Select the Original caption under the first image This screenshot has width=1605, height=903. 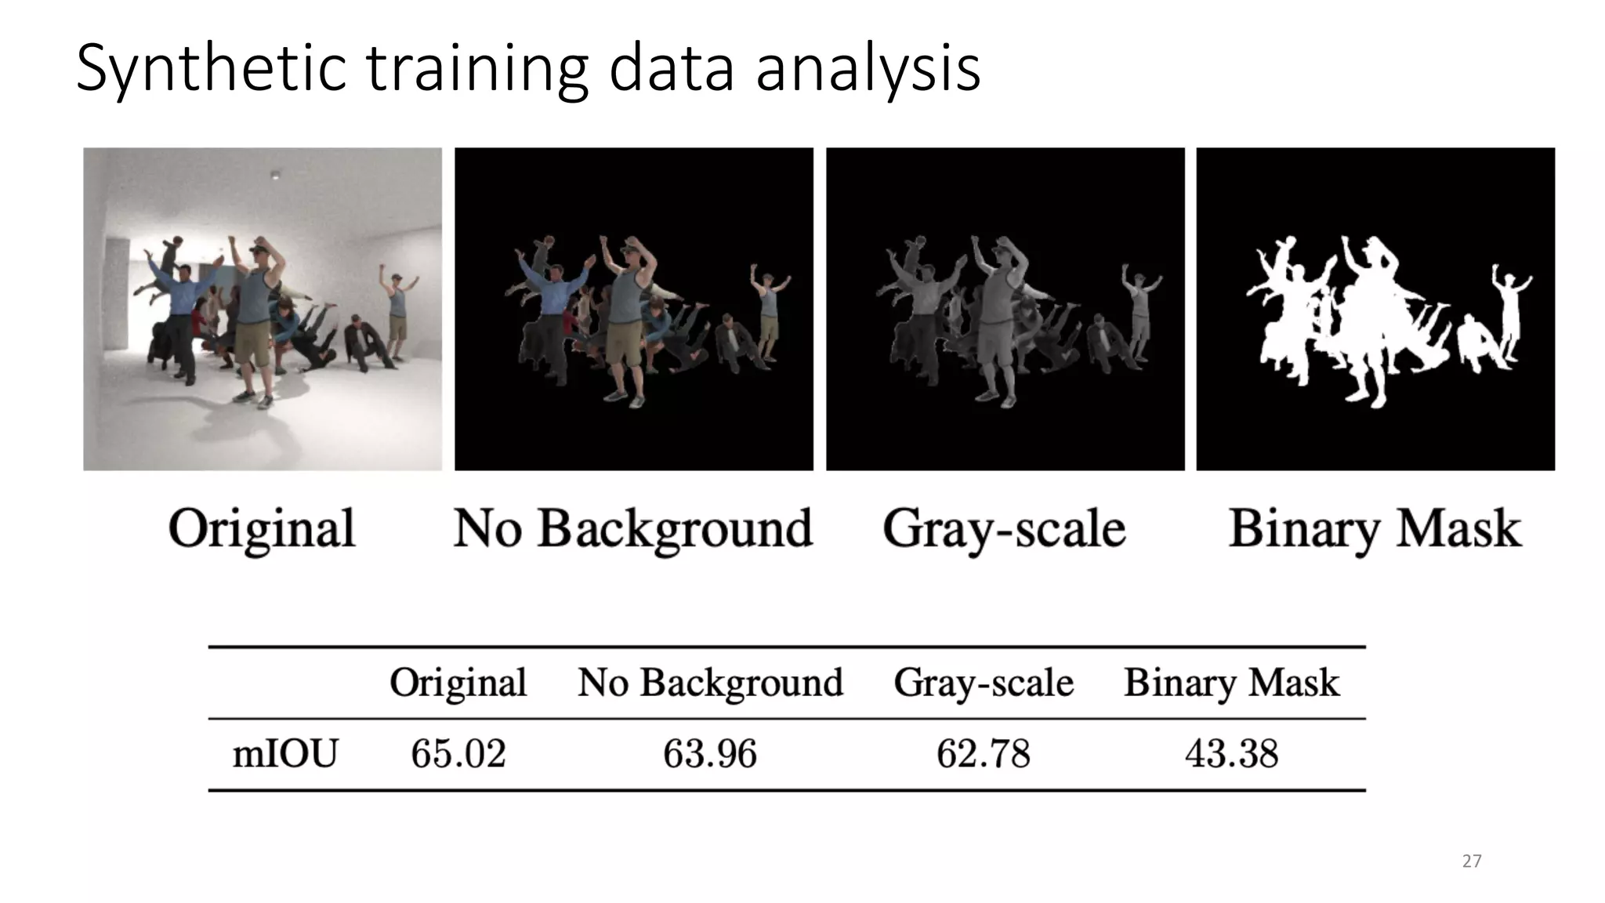point(262,528)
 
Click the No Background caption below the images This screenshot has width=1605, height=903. point(633,528)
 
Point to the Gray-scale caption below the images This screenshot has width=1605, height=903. point(1004,528)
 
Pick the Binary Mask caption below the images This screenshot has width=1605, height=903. point(1375,528)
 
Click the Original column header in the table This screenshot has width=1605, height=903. point(458,683)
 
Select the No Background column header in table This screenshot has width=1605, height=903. point(711,683)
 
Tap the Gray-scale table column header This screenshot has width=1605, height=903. point(984,683)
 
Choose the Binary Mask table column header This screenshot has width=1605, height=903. point(1232,683)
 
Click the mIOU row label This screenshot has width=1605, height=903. point(285,754)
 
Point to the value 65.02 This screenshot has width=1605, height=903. point(458,754)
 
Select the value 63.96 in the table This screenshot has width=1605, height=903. point(710,754)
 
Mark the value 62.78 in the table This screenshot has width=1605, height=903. point(984,754)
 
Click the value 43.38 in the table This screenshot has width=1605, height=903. point(1231,754)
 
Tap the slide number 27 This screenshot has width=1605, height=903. point(1472,861)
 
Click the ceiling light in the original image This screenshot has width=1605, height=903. point(274,174)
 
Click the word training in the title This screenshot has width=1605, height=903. point(476,69)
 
